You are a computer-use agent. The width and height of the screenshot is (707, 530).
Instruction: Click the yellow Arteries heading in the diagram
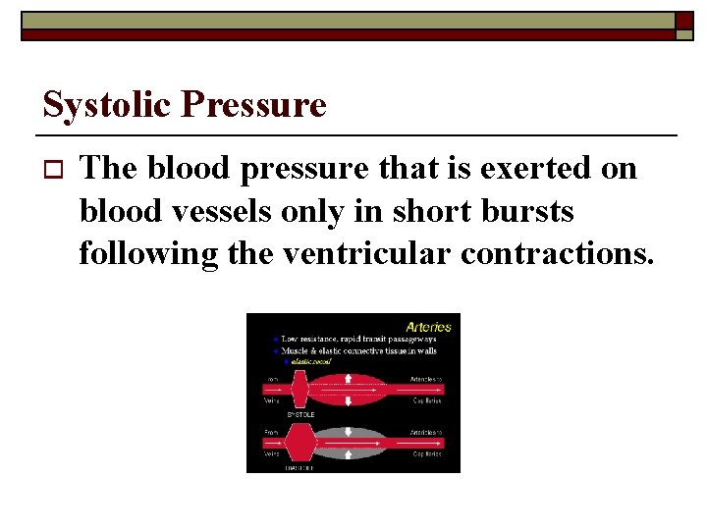tap(428, 326)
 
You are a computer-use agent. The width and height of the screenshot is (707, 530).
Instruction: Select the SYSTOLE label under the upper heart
tap(300, 414)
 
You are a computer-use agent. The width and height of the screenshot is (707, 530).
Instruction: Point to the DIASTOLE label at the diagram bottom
tap(300, 468)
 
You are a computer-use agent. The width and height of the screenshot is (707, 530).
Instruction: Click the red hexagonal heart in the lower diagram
tap(299, 443)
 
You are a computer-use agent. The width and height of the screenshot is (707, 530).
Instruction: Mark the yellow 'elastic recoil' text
tap(307, 361)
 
